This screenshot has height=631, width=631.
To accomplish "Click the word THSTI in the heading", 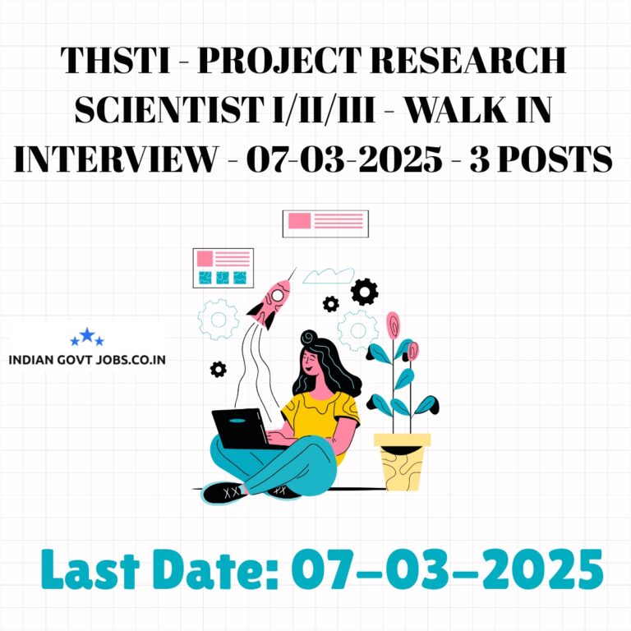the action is point(116,60).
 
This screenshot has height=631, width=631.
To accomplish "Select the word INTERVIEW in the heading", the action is point(116,159).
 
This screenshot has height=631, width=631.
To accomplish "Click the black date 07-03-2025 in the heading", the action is point(344,159).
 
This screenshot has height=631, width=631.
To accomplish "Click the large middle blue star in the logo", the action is point(87,335).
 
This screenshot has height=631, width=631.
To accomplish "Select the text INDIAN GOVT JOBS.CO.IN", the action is point(87,359).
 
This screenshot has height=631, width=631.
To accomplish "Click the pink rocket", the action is point(269,302).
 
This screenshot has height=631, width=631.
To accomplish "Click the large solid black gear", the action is point(364,292).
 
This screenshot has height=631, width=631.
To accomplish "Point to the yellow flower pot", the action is point(402,462).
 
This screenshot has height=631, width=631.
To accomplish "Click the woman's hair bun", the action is point(309,337).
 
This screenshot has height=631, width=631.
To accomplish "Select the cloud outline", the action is point(328,276).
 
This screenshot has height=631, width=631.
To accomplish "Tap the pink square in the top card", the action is point(299,220).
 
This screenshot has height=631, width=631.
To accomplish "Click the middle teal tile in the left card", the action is point(223,278).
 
